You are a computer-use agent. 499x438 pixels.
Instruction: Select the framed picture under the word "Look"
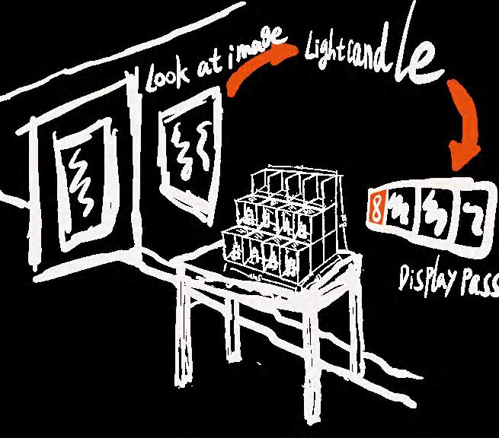pyautogui.click(x=184, y=149)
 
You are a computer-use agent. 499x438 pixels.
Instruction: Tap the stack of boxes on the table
pyautogui.click(x=280, y=225)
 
